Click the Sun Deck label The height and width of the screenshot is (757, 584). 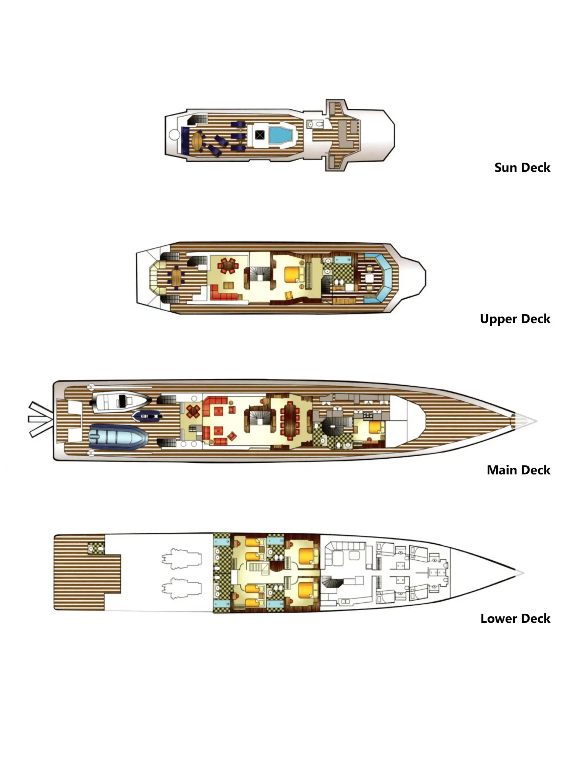(522, 167)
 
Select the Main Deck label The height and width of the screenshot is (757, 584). (518, 470)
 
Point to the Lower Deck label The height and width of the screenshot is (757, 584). (515, 619)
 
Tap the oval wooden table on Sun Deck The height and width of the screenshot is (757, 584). (197, 141)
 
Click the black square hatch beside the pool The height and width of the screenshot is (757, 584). (260, 135)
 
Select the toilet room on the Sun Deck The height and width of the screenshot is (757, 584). (315, 124)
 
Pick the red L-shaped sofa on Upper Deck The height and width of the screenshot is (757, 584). (224, 295)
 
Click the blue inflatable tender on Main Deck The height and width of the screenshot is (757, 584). (118, 437)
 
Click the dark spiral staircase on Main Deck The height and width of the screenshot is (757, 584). (333, 426)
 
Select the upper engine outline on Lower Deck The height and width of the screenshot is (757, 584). (182, 559)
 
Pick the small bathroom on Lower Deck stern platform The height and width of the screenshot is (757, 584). (96, 548)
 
